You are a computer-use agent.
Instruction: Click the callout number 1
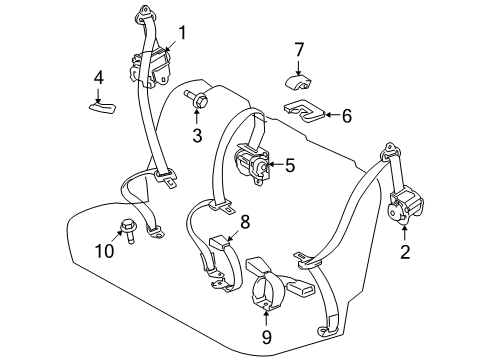coord(182,32)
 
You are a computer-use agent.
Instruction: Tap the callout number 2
coord(405,252)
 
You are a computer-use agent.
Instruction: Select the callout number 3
coord(198,135)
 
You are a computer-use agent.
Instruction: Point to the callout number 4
coord(98,77)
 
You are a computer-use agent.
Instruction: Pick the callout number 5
coord(289,165)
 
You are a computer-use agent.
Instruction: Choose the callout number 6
coord(346,116)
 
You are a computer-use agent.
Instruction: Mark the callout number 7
coord(298,48)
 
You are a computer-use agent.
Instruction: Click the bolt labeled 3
coord(198,100)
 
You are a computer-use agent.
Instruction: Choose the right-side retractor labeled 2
coord(404,208)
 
